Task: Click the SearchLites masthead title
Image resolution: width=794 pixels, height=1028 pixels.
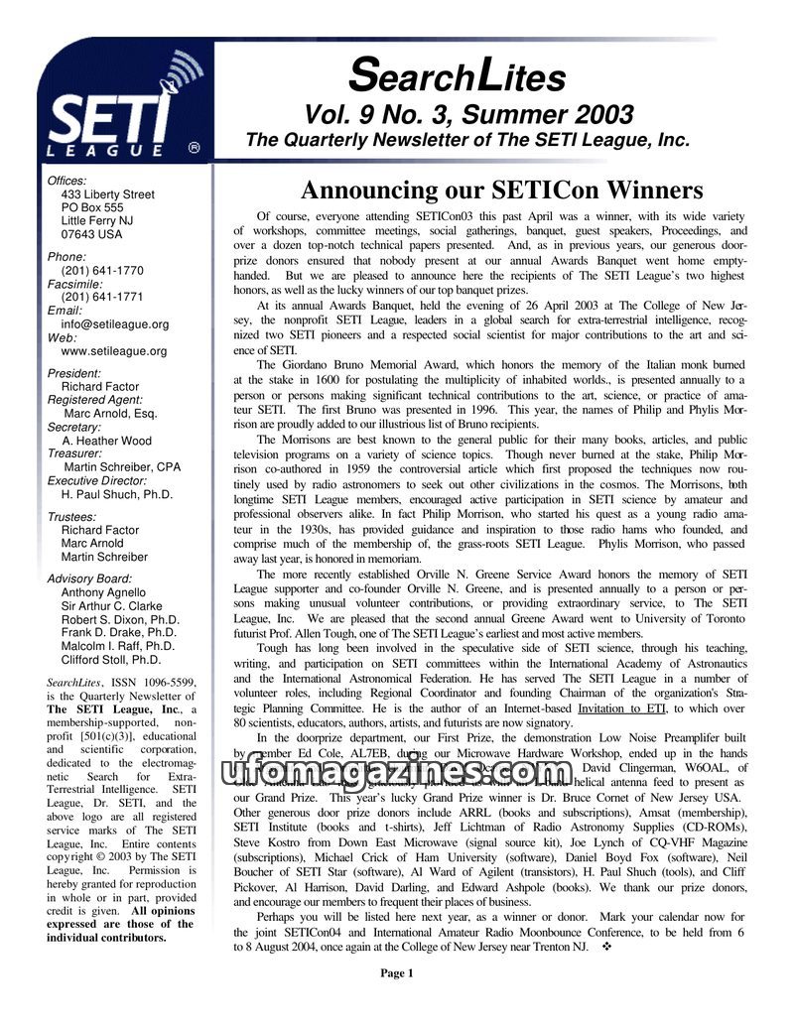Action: point(459,74)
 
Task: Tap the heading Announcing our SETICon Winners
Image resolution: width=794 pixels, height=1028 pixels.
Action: point(501,190)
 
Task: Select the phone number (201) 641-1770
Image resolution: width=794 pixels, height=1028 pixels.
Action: point(102,270)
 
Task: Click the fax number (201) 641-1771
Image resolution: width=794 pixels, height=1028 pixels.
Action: point(102,297)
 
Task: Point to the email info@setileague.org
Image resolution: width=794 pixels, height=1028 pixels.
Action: point(115,323)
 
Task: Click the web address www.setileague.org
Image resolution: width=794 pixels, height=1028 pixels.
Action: point(114,350)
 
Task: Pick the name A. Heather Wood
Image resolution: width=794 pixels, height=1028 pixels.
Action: point(107,441)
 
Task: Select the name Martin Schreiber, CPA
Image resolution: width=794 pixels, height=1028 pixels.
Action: point(122,466)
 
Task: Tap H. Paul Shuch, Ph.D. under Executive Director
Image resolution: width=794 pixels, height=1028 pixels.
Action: point(117,493)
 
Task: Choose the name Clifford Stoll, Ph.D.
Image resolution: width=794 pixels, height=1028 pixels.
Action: point(111,659)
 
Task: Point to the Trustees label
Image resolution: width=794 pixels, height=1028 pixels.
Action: point(71,517)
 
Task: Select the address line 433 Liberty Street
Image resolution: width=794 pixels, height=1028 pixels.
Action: point(108,194)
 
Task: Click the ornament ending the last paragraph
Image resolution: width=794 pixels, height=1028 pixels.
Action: point(605,947)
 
